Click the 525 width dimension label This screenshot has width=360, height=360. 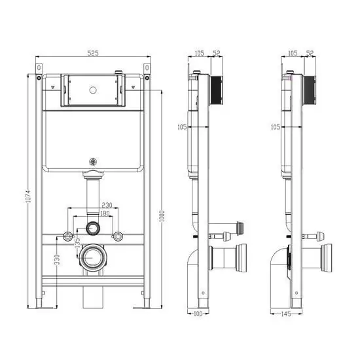click(93, 53)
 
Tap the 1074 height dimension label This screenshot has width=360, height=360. click(27, 196)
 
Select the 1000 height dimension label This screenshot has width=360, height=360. click(162, 216)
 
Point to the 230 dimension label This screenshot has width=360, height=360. click(107, 205)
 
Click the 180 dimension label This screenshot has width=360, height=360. click(105, 213)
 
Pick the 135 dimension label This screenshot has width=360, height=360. click(77, 242)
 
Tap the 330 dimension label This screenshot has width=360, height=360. click(57, 259)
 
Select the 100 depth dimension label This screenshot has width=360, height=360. click(198, 314)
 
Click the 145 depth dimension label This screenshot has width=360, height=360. click(286, 314)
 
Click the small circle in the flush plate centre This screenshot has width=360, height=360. click(93, 90)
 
